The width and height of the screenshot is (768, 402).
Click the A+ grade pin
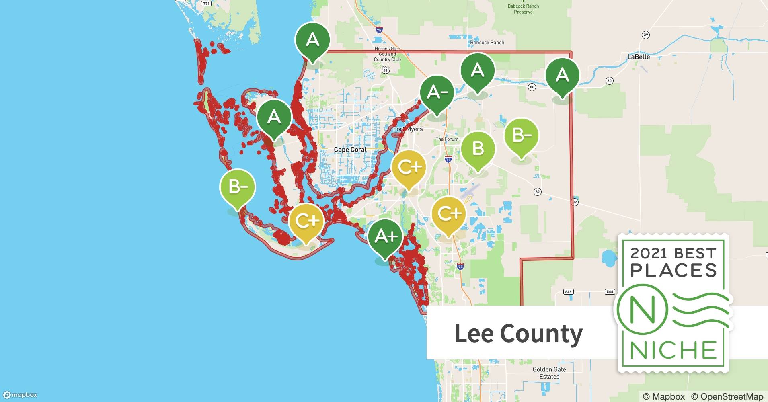[x=385, y=236]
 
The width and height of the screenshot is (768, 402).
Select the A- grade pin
[x=437, y=93]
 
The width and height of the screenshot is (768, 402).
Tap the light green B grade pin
[x=478, y=149]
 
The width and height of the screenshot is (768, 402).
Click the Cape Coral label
[x=350, y=150]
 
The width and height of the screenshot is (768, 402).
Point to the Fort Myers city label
[x=408, y=129]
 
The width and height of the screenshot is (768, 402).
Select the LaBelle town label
[x=639, y=57]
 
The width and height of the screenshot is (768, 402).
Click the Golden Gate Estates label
[x=549, y=373]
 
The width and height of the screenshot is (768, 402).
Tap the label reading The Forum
[x=447, y=139]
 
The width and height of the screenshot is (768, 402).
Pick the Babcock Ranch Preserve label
[x=523, y=9]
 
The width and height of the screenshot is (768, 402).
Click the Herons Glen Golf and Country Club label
[x=387, y=54]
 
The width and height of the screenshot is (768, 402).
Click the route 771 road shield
[x=206, y=4]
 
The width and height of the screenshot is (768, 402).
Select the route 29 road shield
[x=645, y=35]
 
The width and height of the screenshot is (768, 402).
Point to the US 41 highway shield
[x=386, y=70]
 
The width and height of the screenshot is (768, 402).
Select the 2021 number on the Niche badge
[x=649, y=253]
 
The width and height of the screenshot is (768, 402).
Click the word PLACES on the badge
[x=674, y=271]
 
